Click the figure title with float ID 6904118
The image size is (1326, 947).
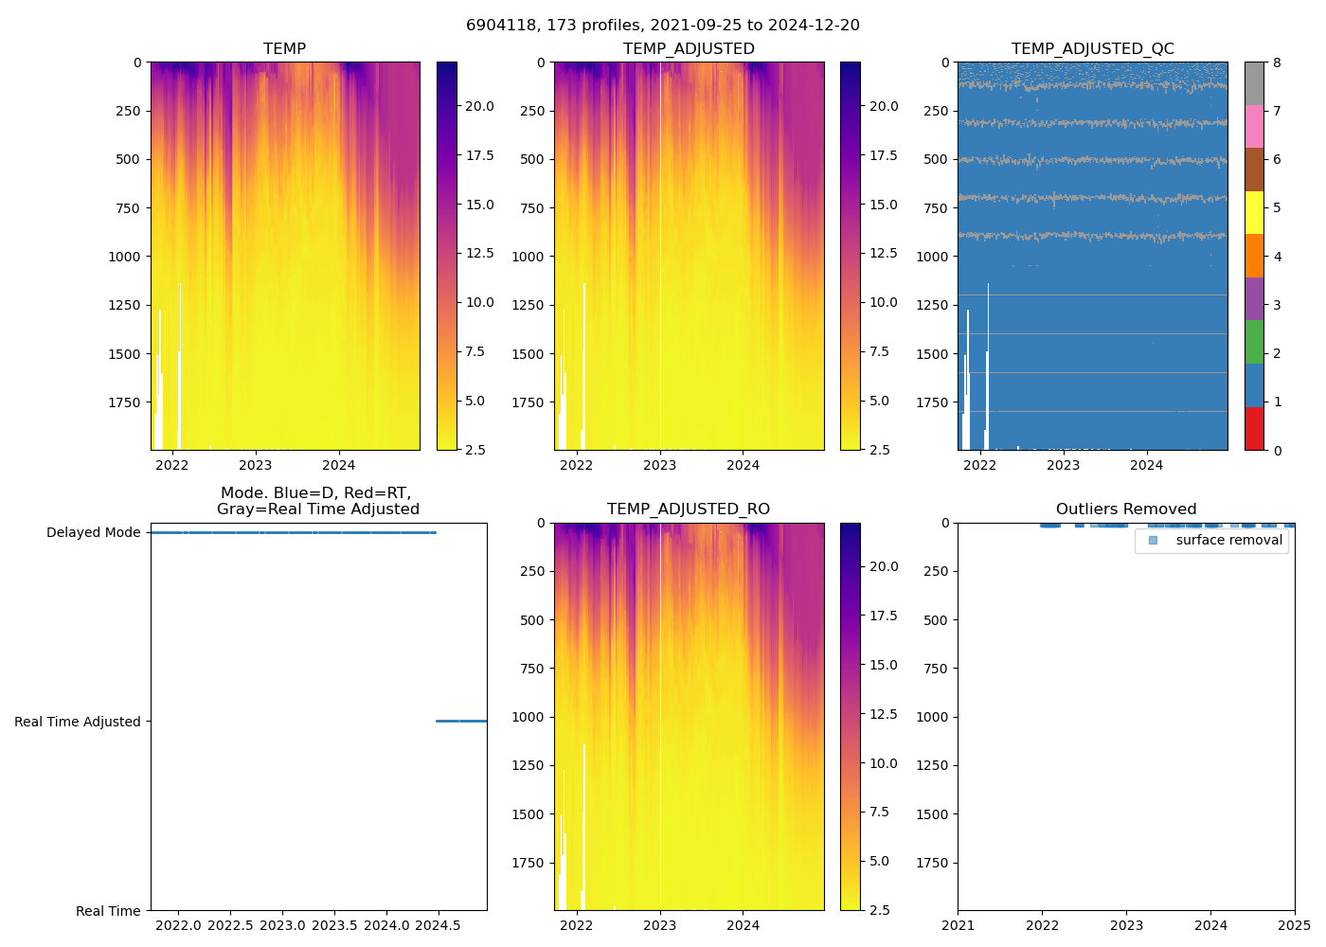[x=663, y=26]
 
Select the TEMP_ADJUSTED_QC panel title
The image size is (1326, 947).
[x=1092, y=49]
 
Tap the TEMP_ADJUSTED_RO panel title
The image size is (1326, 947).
[x=689, y=509]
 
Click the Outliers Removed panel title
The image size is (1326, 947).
[x=1126, y=509]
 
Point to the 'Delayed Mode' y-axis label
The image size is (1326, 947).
[x=93, y=533]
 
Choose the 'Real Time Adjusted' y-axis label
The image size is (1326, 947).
[x=78, y=722]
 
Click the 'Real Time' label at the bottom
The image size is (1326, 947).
[x=108, y=911]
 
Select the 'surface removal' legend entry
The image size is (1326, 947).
[x=1228, y=541]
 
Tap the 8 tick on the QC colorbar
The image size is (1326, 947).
[x=1277, y=63]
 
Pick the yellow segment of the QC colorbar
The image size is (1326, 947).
[x=1254, y=213]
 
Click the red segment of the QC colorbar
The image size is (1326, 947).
[x=1254, y=429]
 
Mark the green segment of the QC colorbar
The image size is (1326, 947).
[x=1254, y=342]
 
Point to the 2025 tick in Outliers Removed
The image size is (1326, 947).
[x=1295, y=925]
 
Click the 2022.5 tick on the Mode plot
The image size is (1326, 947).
[x=230, y=925]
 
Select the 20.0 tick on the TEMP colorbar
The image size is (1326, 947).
[x=479, y=107]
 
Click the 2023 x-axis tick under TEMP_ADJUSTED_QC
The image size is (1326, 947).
[x=1063, y=465]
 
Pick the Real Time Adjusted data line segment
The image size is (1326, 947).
[x=461, y=722]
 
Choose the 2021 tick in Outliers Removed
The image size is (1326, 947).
[x=958, y=925]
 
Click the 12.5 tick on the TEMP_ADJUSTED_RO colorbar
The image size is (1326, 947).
[x=884, y=714]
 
